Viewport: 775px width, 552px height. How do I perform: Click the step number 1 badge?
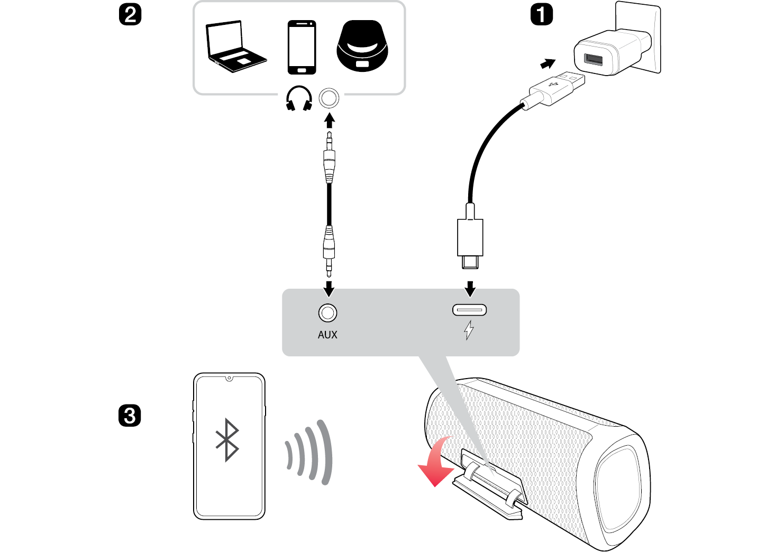pos(541,14)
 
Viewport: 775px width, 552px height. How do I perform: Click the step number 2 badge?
pos(130,14)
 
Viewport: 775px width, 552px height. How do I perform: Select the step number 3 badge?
pos(130,416)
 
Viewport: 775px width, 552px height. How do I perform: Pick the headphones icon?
pos(299,99)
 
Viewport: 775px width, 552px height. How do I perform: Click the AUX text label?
pos(327,335)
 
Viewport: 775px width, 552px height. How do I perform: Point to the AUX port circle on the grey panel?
pos(327,313)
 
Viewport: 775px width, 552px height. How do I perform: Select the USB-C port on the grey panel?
pos(469,310)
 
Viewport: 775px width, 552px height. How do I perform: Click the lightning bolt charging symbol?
pos(469,330)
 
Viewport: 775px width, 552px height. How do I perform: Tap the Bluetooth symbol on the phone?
pos(228,440)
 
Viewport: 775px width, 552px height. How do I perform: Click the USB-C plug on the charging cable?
pos(470,243)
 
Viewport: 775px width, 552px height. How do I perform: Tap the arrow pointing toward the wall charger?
pos(548,64)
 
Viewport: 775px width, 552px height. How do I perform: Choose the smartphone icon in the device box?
pos(302,47)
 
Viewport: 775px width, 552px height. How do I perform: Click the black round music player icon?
pos(362,46)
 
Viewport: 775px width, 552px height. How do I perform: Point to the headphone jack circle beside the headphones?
pos(329,98)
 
